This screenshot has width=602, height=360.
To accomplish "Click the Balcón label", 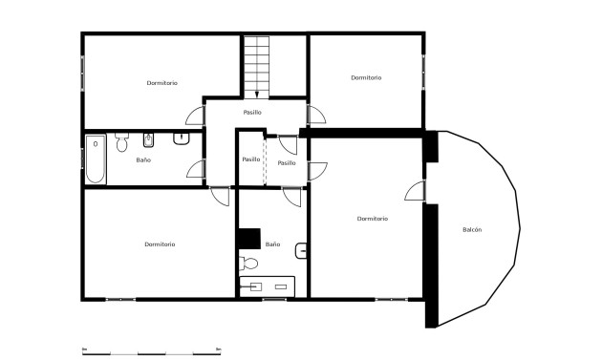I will tap(472, 230).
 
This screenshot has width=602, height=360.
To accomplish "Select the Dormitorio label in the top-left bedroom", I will tap(161, 83).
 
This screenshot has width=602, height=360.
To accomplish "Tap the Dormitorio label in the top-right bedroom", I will tap(366, 77).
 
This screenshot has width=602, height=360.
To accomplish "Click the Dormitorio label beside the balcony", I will tap(372, 219).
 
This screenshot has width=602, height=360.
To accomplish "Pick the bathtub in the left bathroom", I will tap(96, 160).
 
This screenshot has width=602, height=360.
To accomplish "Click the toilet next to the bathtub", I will tap(121, 143).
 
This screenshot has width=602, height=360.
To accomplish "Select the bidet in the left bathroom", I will tap(146, 142).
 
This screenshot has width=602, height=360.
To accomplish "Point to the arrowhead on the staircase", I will tap(257, 94).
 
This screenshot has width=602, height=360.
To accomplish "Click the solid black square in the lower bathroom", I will tap(249, 239).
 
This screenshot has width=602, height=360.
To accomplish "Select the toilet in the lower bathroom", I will tap(249, 263).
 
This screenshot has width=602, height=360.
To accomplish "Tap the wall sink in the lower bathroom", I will tap(302, 252).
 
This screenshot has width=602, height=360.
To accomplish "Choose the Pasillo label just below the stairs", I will tap(252, 113).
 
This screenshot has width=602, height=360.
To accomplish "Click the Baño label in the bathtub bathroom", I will tap(143, 159).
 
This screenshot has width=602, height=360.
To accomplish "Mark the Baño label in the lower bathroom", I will tap(272, 244).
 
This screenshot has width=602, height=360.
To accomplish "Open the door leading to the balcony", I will tap(416, 191).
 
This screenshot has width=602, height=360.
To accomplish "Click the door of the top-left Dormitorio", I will tap(195, 114).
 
